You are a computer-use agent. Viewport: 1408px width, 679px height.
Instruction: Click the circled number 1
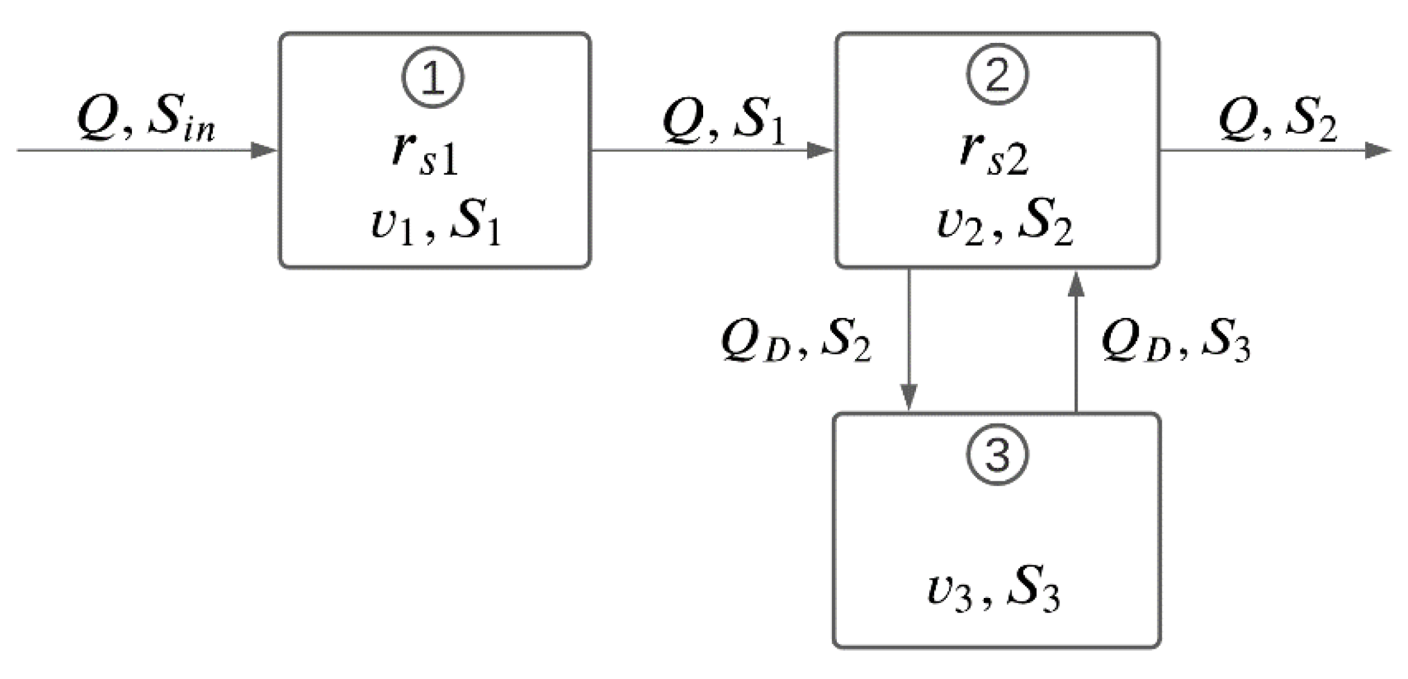pyautogui.click(x=433, y=79)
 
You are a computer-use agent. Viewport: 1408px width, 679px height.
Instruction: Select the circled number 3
pyautogui.click(x=997, y=455)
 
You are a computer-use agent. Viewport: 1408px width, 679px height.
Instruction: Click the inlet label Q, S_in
pyautogui.click(x=145, y=119)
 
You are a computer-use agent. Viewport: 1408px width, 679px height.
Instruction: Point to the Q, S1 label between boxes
pyautogui.click(x=724, y=121)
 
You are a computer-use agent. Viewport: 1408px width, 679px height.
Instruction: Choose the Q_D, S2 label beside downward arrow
pyautogui.click(x=796, y=342)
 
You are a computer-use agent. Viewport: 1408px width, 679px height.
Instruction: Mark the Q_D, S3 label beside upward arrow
pyautogui.click(x=1175, y=342)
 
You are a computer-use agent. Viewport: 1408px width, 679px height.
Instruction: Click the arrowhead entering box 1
pyautogui.click(x=264, y=150)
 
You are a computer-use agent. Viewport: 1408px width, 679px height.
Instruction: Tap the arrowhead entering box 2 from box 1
pyautogui.click(x=820, y=150)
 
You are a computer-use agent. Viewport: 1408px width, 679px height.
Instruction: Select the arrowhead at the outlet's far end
pyautogui.click(x=1378, y=150)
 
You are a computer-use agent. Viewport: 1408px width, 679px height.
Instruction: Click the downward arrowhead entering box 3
pyautogui.click(x=909, y=397)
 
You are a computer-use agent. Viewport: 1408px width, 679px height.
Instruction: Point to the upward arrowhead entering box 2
pyautogui.click(x=1075, y=284)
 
